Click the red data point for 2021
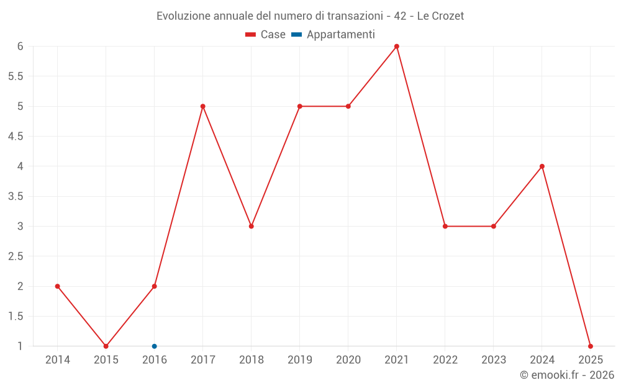coord(397,47)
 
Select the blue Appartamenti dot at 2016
coord(155,346)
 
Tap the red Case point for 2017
coord(203,106)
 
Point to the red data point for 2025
coord(591,346)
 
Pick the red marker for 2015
coord(106,346)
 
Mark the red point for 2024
coord(542,166)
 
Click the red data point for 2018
coord(252,226)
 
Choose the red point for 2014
coord(58,286)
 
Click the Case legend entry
coord(265,35)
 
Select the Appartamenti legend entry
coord(333,35)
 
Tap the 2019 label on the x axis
coord(300,360)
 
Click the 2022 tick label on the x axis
coord(445,360)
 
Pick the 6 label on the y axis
coord(20,47)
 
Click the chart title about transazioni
coord(310,16)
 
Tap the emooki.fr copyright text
coord(567,375)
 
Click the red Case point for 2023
coord(494,226)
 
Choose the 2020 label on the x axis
coord(348,360)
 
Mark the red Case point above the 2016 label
coord(155,286)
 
